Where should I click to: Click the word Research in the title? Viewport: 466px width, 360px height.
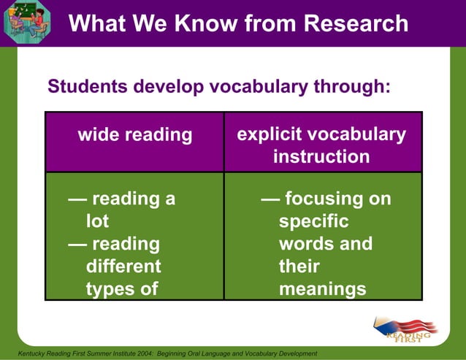tap(356, 23)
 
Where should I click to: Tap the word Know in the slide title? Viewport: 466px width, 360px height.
tap(210, 23)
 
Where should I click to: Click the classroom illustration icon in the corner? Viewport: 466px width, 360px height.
tap(26, 22)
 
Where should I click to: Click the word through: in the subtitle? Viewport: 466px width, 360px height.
tap(353, 87)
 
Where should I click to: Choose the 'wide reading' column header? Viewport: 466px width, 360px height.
tap(135, 135)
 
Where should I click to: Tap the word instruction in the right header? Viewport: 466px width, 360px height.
tap(321, 157)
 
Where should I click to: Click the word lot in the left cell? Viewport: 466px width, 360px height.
tap(97, 221)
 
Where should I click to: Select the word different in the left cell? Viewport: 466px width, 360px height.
tap(123, 266)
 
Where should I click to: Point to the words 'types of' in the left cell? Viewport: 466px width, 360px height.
tap(121, 288)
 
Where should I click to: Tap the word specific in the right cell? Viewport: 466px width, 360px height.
tap(313, 221)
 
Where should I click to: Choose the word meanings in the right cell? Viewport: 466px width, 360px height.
tap(322, 288)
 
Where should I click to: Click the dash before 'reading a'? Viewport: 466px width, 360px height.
tap(76, 199)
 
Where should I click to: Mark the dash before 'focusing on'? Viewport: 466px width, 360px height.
tap(269, 199)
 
